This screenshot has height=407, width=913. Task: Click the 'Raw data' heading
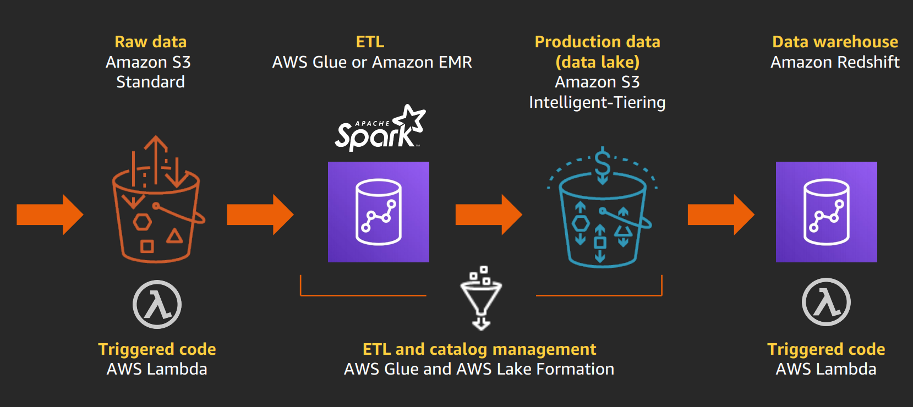click(150, 42)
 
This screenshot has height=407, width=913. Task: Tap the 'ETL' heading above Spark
click(370, 42)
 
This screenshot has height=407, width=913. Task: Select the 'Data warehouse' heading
click(835, 42)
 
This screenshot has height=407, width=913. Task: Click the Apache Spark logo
click(380, 130)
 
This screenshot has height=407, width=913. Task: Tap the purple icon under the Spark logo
click(379, 212)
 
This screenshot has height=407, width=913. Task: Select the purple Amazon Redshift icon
click(826, 212)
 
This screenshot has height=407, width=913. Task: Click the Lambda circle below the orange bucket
click(157, 304)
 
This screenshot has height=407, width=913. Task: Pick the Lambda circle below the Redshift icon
click(825, 302)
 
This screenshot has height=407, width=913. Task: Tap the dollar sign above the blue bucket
click(603, 163)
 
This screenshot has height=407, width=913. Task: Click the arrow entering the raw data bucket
click(50, 215)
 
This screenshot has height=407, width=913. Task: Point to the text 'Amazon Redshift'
click(835, 62)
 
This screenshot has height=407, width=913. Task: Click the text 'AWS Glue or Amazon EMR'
click(372, 62)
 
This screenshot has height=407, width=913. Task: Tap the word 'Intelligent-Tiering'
click(597, 102)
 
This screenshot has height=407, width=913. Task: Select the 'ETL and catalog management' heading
click(479, 349)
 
